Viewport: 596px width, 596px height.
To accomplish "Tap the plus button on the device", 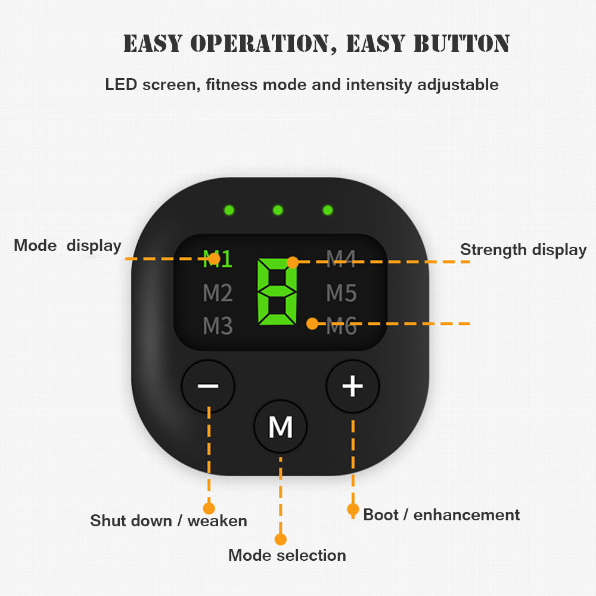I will (353, 386).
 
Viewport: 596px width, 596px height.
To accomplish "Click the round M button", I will (281, 427).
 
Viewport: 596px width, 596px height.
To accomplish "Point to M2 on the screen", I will (218, 293).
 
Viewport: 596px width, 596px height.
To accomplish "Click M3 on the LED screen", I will (218, 326).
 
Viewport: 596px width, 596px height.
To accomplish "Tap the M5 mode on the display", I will (342, 293).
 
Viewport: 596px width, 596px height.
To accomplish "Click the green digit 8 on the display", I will (277, 292).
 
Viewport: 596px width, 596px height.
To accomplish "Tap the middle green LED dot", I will (278, 210).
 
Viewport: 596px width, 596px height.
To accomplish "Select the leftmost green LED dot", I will (228, 210).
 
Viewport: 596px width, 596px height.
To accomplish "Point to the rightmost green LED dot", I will (327, 210).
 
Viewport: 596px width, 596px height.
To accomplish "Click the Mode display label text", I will (67, 246).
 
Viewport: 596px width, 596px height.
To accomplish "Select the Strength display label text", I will (523, 250).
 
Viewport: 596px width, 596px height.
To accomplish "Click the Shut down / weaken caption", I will (169, 521).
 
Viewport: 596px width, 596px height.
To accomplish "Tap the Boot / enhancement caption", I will (442, 515).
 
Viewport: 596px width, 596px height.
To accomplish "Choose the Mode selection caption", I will (287, 555).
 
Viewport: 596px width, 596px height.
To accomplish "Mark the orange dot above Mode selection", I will (281, 539).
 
